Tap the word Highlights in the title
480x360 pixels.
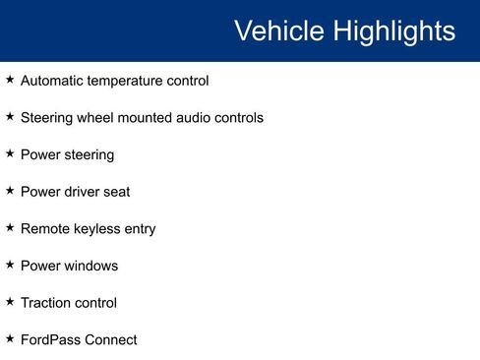point(392,31)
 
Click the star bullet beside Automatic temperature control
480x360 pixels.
point(10,80)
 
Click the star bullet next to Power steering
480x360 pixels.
point(10,153)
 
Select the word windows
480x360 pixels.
point(90,266)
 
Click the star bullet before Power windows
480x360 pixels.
point(10,265)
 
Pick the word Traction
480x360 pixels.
point(45,303)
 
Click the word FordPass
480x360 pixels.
point(50,340)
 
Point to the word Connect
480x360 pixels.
point(111,340)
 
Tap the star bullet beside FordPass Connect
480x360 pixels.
point(10,338)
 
